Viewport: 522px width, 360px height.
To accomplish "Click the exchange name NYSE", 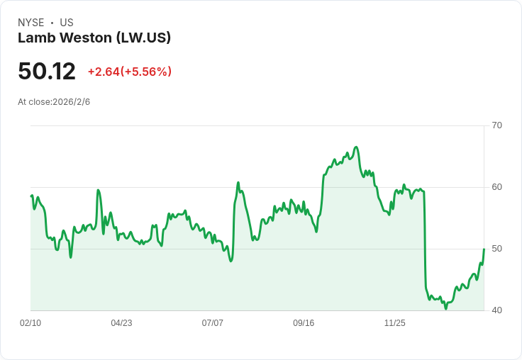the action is tap(31, 23).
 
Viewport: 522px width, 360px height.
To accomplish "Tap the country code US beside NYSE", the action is tap(67, 23).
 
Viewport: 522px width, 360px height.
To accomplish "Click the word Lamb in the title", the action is tap(37, 38).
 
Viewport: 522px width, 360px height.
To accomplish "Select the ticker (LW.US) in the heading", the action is tap(143, 38).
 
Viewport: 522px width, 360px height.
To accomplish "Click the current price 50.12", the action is tap(47, 71).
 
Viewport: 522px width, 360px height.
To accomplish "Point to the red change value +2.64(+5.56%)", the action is tap(130, 72).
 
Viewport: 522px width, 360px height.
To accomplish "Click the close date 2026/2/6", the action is tap(71, 102).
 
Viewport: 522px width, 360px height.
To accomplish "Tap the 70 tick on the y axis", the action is tap(496, 125).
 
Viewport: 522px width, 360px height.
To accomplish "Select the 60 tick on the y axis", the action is tap(496, 187).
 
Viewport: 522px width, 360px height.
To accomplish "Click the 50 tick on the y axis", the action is tap(496, 249).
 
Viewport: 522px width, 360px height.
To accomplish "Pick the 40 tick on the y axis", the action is tap(496, 310).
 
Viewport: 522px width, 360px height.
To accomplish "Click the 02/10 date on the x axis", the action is tap(30, 322).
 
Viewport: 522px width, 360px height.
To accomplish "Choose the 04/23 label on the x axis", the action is tap(121, 322).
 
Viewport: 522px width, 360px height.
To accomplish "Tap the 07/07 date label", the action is tap(212, 322).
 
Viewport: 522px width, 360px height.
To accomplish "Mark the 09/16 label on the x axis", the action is tap(304, 322).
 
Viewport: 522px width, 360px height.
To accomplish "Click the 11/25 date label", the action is tap(395, 322).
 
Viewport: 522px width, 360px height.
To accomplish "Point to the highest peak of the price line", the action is tap(356, 147).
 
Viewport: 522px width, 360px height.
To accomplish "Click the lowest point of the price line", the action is tap(446, 309).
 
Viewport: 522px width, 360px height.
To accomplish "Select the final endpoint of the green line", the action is tap(484, 249).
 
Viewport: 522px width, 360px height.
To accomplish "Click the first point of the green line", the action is tap(31, 196).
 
